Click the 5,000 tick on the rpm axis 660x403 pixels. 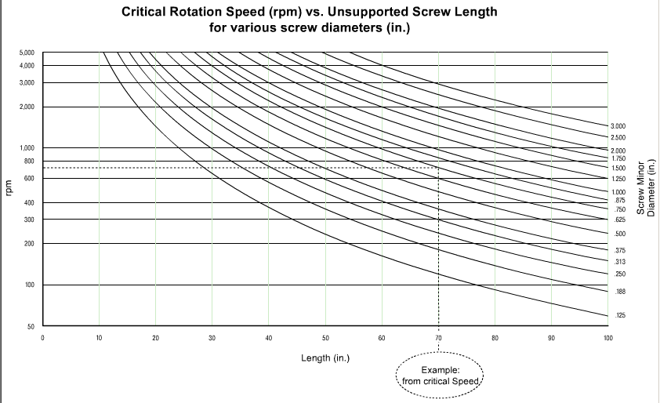(x=27, y=53)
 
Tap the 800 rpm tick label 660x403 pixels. (x=29, y=161)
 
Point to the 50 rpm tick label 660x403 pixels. (x=30, y=325)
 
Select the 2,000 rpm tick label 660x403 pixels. (x=27, y=107)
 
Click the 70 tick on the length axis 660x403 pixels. (x=438, y=338)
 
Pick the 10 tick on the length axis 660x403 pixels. (x=99, y=338)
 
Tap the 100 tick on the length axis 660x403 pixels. (x=607, y=338)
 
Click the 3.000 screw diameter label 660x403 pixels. (x=618, y=126)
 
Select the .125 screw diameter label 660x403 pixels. (x=620, y=315)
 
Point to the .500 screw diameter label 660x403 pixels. (x=620, y=234)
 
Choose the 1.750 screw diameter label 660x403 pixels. (x=618, y=159)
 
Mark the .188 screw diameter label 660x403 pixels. (x=620, y=292)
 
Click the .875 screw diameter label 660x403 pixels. (x=620, y=201)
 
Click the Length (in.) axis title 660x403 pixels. (x=325, y=358)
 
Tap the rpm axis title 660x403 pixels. (x=9, y=189)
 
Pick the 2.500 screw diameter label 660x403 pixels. (x=618, y=138)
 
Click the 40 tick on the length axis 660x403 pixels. (x=268, y=338)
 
